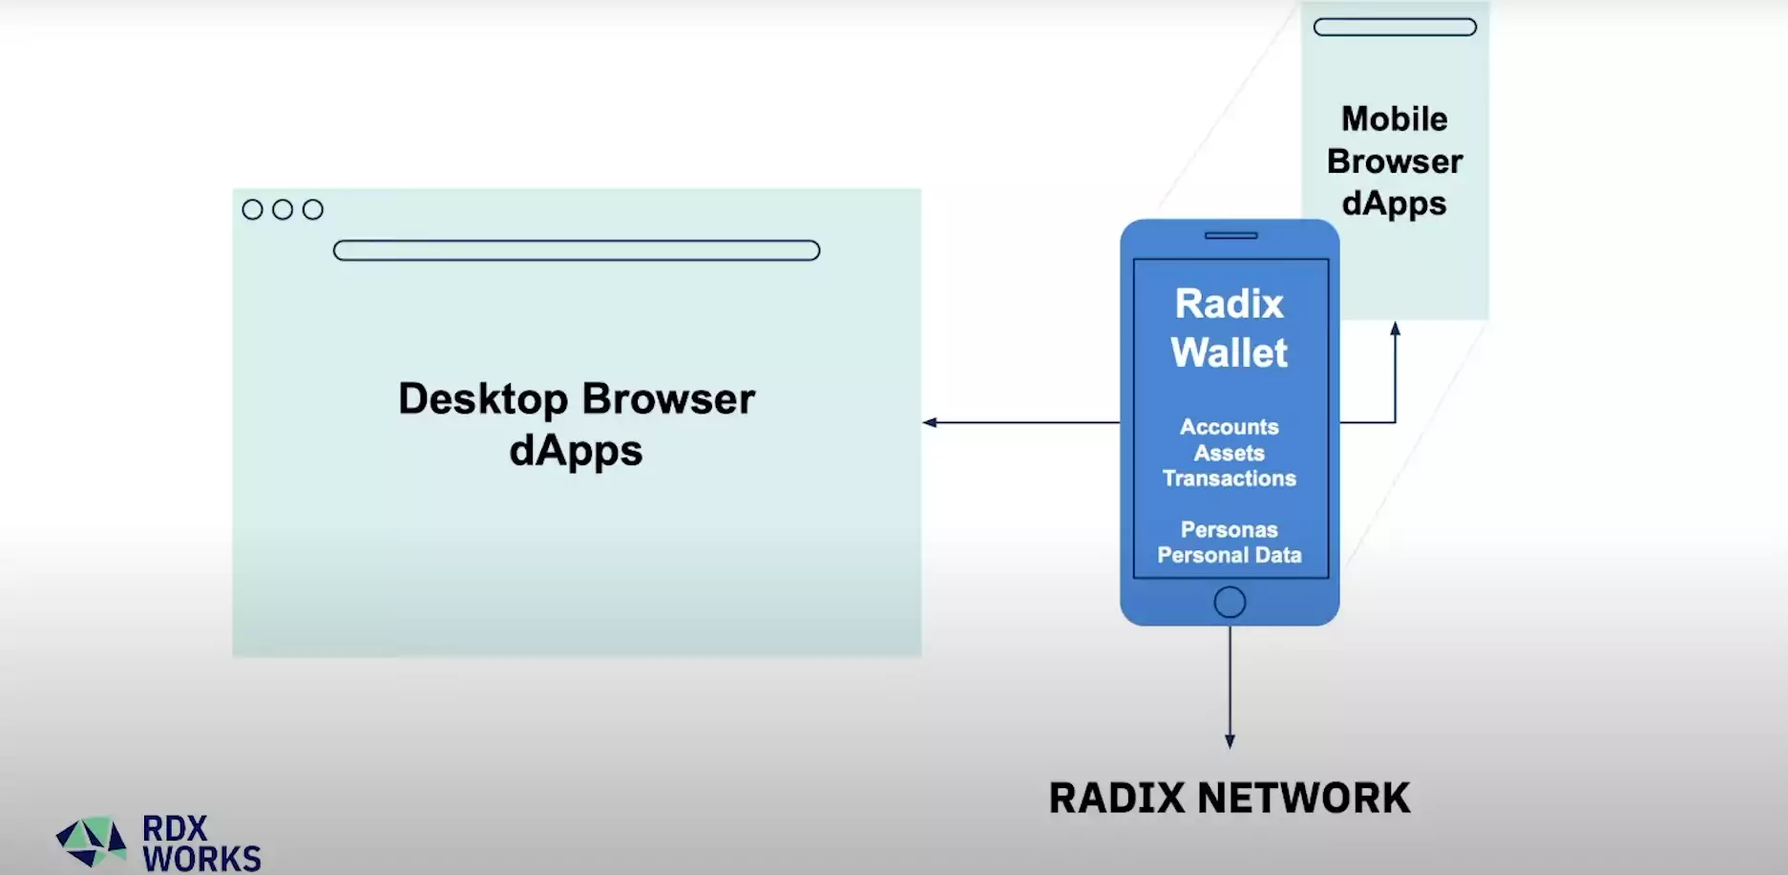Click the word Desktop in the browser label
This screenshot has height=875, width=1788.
click(482, 399)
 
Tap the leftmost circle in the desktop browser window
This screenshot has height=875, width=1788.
click(252, 209)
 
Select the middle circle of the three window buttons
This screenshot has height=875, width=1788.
click(283, 209)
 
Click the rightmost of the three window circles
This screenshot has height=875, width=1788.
click(313, 209)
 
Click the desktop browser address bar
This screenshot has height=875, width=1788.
click(576, 250)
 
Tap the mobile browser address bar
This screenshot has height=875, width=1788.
click(1394, 27)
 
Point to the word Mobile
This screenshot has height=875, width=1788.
click(1394, 119)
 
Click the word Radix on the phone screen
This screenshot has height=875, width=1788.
click(1229, 304)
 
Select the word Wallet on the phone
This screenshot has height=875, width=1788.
click(1229, 352)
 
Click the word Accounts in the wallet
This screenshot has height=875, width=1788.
click(1229, 427)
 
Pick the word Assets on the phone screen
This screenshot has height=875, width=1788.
click(1229, 453)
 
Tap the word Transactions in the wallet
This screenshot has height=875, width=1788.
click(1229, 479)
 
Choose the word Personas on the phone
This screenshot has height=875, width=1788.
click(1229, 529)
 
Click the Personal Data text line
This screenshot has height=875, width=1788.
click(1229, 555)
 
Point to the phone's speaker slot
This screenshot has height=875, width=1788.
click(1231, 235)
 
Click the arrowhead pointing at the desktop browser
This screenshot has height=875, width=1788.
click(929, 422)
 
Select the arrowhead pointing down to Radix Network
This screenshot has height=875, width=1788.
click(1230, 741)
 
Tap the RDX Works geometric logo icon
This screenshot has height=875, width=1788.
click(91, 841)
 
